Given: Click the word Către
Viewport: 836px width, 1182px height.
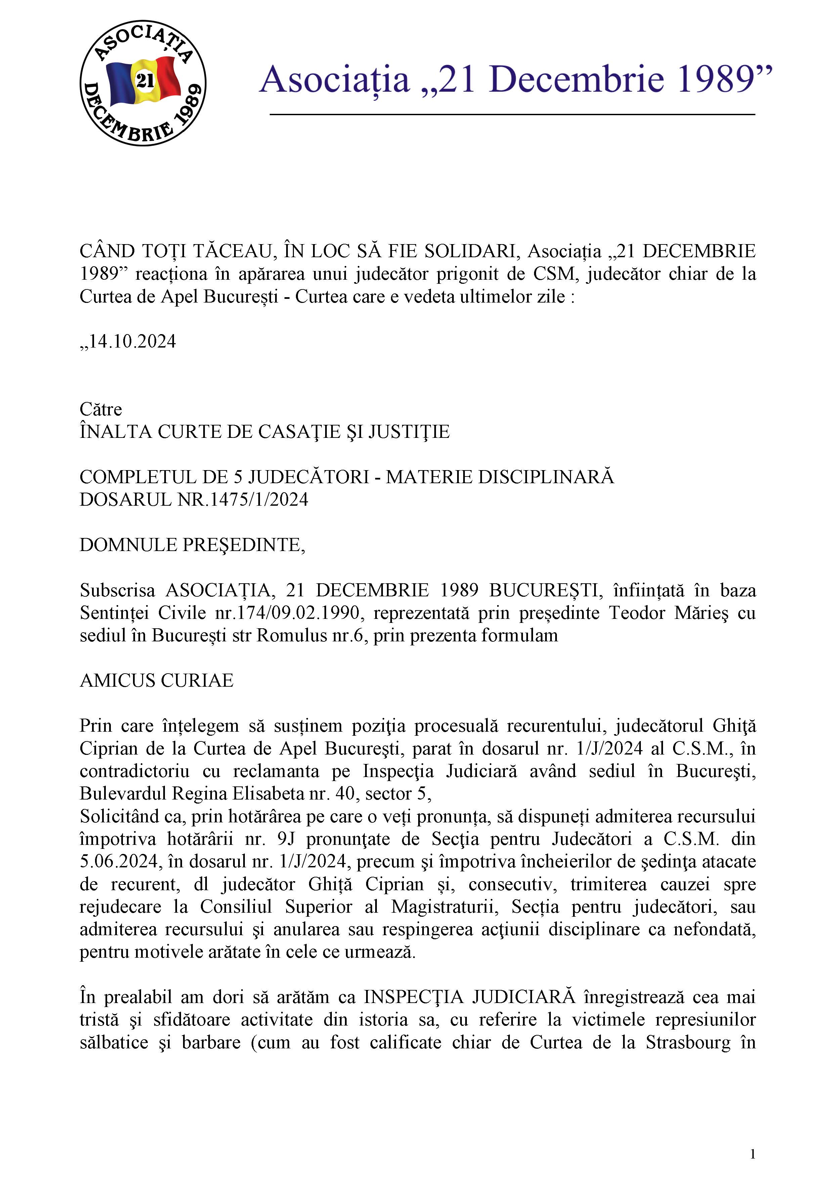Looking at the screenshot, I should [101, 409].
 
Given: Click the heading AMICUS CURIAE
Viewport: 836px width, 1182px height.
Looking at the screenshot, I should [157, 681].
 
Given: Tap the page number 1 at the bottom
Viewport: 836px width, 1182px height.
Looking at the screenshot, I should [753, 1154].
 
